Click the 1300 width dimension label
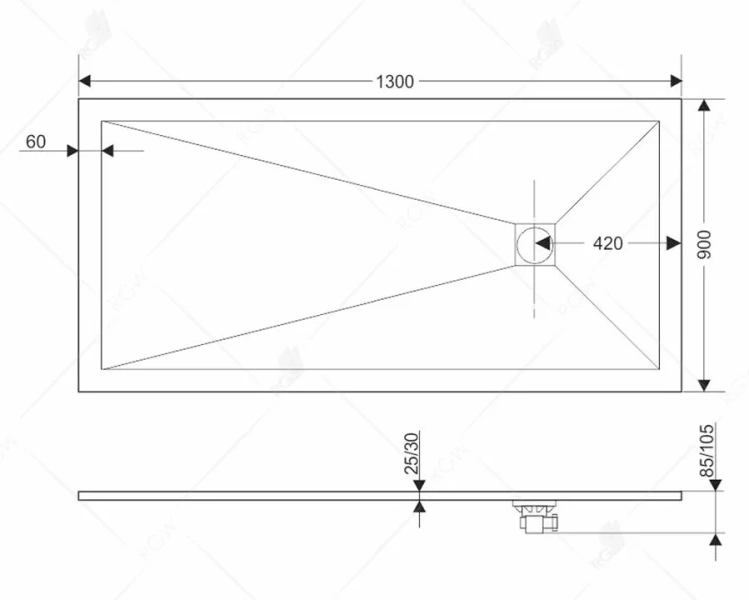[x=395, y=82]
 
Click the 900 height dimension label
[x=704, y=244]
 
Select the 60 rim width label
[x=35, y=142]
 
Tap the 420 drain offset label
[x=607, y=243]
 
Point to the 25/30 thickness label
[x=412, y=453]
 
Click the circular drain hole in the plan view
[x=536, y=242]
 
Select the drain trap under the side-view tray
[x=537, y=515]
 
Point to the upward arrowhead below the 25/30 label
[x=420, y=507]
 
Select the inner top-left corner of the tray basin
[x=102, y=121]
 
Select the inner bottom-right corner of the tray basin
[x=659, y=369]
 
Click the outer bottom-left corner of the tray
[x=79, y=391]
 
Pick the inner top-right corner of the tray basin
[x=659, y=121]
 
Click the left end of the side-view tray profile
[x=80, y=494]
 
